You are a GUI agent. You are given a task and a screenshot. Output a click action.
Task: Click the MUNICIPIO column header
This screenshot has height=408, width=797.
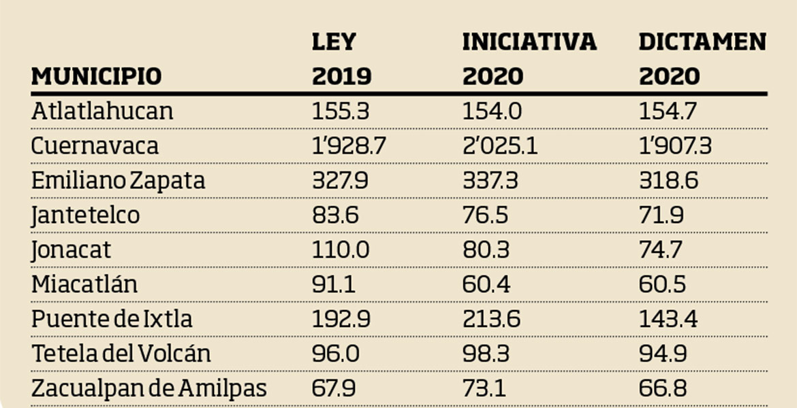coord(96,75)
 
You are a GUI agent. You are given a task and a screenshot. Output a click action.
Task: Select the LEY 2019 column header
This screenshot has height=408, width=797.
coord(342,59)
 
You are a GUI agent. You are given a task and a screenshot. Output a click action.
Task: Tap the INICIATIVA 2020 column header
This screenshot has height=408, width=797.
coord(529,59)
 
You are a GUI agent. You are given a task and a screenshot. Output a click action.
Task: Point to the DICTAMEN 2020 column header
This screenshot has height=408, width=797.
coord(702,59)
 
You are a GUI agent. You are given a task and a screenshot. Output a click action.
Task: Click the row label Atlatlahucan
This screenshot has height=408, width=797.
coord(102,111)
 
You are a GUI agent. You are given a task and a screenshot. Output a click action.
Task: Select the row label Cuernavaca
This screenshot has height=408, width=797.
coord(95,146)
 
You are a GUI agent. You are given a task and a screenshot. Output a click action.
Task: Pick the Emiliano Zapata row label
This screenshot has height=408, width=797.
coord(118,181)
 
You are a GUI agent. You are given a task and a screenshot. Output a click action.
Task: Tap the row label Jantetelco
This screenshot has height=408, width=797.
coord(85,216)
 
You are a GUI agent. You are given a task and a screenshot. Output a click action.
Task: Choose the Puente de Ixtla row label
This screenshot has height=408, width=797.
coord(112,319)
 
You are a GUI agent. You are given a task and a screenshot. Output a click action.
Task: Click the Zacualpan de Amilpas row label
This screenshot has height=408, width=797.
coord(149,389)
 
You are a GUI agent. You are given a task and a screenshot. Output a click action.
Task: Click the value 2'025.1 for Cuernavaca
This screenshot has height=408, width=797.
coord(500,146)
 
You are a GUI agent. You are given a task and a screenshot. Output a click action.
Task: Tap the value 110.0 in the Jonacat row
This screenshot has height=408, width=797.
coord(341,250)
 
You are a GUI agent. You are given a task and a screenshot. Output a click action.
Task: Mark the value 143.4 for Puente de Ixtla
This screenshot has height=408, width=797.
coord(668,319)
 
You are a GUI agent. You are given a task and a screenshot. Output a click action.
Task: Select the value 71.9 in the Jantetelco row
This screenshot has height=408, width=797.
coord(661,216)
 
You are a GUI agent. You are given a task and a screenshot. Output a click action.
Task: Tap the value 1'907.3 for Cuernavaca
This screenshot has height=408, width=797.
coord(675,146)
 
